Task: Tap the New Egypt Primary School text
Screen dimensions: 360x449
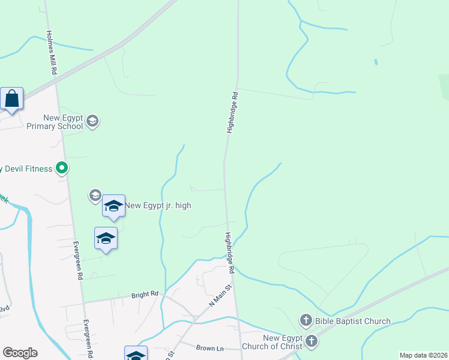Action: click(55, 122)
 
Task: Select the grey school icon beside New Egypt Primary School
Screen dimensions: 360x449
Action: click(92, 122)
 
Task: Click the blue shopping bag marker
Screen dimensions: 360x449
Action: click(12, 99)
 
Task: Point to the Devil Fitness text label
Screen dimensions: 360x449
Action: click(26, 169)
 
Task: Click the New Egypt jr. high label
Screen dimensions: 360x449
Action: click(158, 205)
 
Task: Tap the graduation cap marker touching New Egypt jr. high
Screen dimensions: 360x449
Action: click(113, 206)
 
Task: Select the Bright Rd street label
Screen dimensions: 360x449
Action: click(145, 295)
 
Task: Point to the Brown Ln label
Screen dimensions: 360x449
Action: click(209, 348)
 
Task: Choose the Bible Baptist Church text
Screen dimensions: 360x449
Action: click(354, 321)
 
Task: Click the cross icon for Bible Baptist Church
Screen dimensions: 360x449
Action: click(306, 321)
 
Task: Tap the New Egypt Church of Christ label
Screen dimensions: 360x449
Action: click(273, 342)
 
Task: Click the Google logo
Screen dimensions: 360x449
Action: click(20, 353)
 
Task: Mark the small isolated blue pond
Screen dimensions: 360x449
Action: click(376, 62)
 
